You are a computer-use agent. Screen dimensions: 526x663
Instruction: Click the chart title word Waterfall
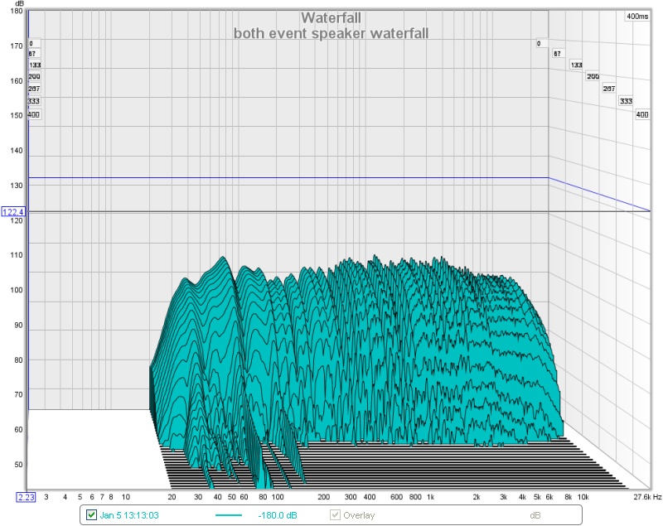[331, 17]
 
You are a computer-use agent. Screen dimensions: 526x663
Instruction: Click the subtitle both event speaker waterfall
[331, 33]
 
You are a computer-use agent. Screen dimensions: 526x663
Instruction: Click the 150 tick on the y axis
[17, 116]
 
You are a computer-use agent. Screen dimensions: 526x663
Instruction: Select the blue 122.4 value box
[14, 212]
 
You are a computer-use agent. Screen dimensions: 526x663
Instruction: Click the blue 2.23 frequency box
[26, 497]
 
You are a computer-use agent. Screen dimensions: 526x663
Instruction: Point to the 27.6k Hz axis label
[646, 497]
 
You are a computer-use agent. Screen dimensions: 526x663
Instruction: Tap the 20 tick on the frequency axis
[171, 497]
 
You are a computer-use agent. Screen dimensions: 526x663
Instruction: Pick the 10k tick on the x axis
[583, 497]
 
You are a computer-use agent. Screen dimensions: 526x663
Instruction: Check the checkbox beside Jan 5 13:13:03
[92, 515]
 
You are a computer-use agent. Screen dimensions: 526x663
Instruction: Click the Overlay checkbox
[335, 515]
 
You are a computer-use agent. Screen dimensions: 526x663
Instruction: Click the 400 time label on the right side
[641, 114]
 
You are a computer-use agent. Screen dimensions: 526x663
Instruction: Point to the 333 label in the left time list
[34, 101]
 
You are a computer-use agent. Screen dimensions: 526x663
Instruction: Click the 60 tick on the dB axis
[17, 429]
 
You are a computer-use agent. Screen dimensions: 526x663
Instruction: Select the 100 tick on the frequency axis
[278, 497]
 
